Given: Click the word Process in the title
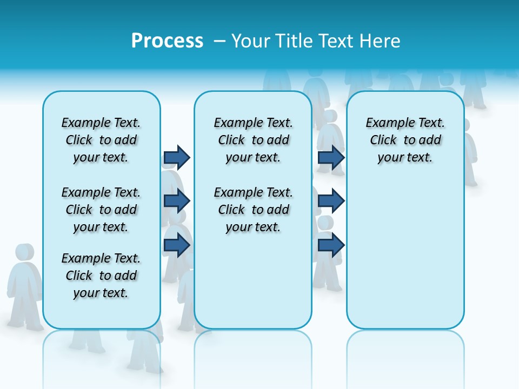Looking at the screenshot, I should pos(167,41).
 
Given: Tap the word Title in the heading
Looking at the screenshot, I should pos(295,41).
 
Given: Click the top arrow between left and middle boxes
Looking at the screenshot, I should pos(177,157).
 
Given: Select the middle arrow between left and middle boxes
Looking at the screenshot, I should pos(177,201).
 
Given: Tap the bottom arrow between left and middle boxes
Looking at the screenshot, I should pos(177,245).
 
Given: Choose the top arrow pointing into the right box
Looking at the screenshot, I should pos(331,157).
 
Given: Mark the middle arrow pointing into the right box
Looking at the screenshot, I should pos(331,201).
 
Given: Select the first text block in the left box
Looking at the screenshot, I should pos(101,140).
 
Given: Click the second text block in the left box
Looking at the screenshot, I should pos(101,210).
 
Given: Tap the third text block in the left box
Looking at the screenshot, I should pos(101,276).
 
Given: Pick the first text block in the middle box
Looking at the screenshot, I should pos(253,140).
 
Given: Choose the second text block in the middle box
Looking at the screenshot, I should pos(253,210).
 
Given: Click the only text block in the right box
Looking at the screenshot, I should pos(405,140).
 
